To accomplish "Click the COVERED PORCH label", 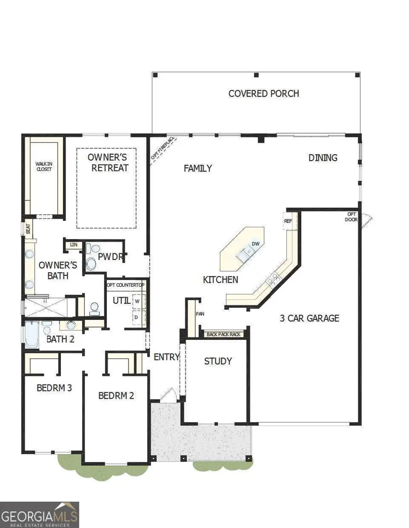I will (x=264, y=93).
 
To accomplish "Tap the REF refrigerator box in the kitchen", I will (x=288, y=221).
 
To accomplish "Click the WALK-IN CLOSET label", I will (x=44, y=166).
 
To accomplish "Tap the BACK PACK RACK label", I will (x=224, y=334).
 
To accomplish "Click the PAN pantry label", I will (x=199, y=313).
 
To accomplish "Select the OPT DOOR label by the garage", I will (x=352, y=217).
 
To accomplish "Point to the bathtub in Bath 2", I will (x=31, y=334).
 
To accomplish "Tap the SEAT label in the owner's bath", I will (x=28, y=229).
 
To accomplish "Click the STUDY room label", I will (x=218, y=361).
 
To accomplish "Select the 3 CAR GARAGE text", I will (x=309, y=318).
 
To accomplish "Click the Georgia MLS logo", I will (x=40, y=514).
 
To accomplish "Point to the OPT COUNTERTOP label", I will (x=125, y=285).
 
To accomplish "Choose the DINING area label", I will (x=323, y=157).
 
